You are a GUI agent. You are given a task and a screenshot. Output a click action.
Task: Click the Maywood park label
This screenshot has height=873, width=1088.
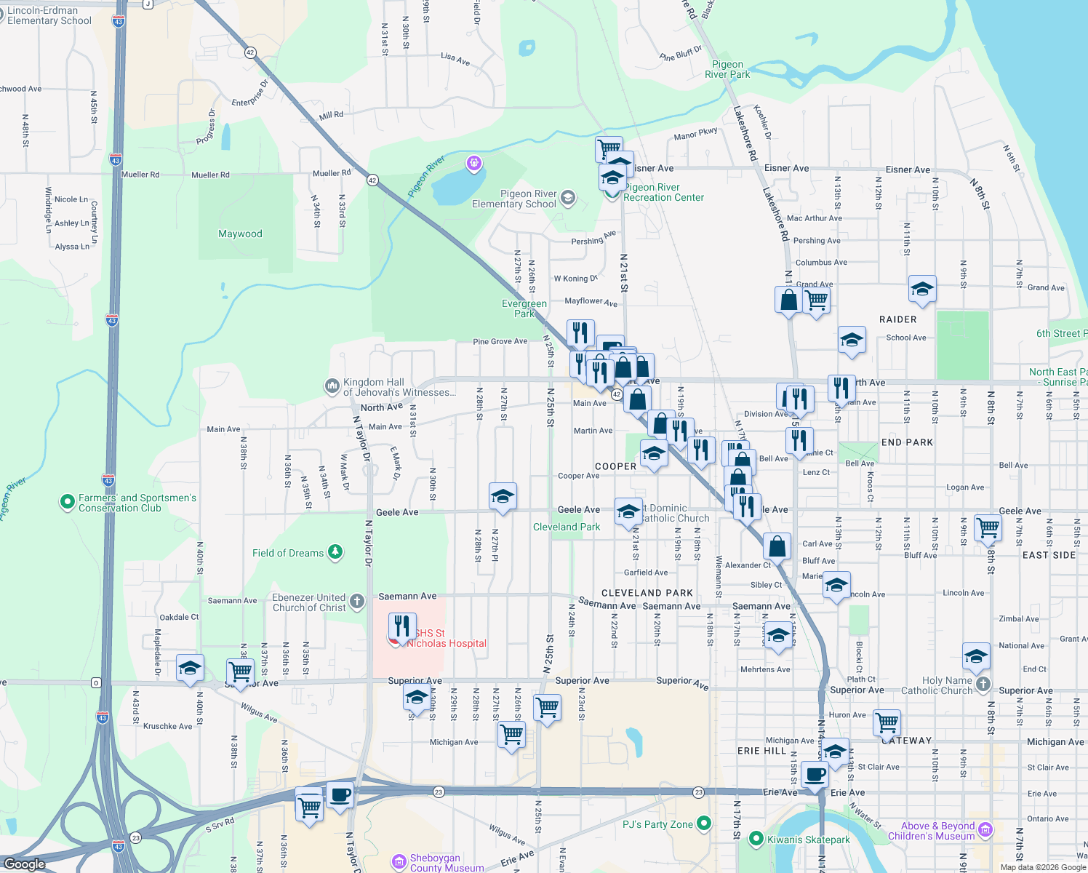(x=240, y=234)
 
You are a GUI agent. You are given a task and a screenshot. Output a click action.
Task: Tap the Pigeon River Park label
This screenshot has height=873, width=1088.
(x=727, y=70)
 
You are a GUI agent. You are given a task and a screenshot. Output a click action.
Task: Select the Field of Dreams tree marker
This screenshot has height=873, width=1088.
(x=335, y=553)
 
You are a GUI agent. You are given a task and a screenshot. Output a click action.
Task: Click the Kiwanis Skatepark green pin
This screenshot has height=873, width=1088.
(x=756, y=839)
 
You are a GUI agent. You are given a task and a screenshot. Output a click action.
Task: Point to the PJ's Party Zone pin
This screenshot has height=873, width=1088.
(x=703, y=824)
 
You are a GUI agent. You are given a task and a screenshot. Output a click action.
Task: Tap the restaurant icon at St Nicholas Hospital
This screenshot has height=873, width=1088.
(x=401, y=625)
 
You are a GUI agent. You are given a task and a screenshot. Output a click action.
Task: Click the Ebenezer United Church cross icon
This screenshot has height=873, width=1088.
(x=356, y=602)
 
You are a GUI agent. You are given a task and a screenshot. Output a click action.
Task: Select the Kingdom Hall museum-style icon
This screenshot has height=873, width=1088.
(x=332, y=386)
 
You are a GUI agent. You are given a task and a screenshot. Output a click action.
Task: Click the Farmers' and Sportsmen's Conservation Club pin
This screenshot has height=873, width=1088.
(x=68, y=501)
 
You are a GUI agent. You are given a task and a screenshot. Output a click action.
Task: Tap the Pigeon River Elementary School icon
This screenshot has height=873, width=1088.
(x=567, y=198)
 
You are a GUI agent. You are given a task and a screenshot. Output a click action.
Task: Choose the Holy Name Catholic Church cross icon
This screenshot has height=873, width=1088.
(x=983, y=684)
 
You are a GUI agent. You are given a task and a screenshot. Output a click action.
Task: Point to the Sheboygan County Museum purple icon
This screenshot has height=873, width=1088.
(x=399, y=862)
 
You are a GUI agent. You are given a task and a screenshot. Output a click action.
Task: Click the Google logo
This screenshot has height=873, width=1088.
(x=25, y=864)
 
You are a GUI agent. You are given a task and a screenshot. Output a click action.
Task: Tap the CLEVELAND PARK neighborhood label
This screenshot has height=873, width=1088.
(x=647, y=593)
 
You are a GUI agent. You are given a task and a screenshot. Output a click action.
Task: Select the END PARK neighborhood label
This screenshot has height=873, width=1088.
(x=907, y=442)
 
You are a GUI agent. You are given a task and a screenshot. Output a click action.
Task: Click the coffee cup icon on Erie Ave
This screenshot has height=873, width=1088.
(x=815, y=775)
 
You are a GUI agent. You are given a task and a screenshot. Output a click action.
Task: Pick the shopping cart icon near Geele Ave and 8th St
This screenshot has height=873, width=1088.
(x=988, y=527)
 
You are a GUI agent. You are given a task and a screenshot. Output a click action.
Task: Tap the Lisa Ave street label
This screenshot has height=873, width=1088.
(x=455, y=58)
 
